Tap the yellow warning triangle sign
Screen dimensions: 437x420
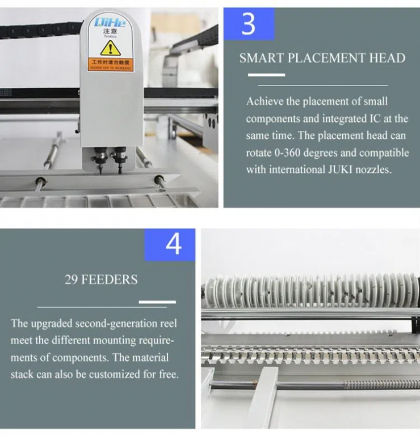(x=110, y=48)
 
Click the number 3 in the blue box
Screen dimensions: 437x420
(x=249, y=24)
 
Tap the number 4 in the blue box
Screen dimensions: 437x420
(x=173, y=244)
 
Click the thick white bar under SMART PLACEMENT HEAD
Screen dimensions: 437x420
(x=267, y=75)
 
